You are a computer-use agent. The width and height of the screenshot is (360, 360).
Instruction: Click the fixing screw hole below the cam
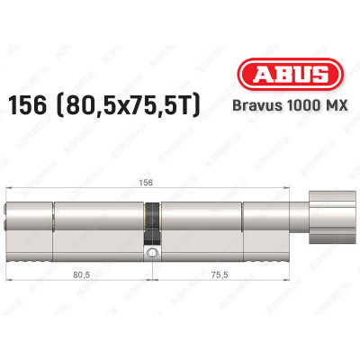tap(154, 254)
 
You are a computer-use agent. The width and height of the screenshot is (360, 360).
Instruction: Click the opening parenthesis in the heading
tap(93, 99)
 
